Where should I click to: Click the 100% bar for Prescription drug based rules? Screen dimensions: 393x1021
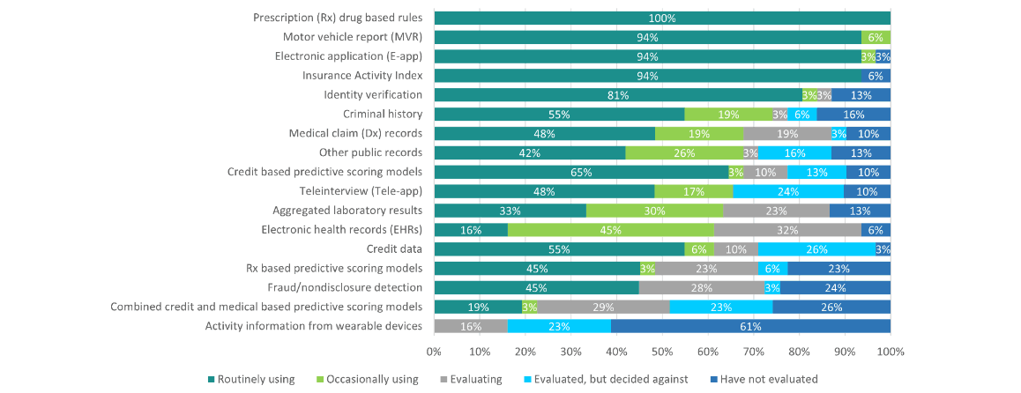click(x=661, y=19)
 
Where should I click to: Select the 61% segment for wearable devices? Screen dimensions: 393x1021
click(x=750, y=326)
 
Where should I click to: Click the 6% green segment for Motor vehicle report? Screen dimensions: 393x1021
click(x=876, y=37)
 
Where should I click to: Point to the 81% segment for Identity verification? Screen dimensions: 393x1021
click(x=617, y=95)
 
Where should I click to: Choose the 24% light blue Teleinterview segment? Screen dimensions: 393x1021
click(x=788, y=191)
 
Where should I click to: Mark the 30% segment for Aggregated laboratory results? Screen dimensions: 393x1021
click(x=654, y=211)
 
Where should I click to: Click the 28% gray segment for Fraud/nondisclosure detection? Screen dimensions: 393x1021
click(x=703, y=287)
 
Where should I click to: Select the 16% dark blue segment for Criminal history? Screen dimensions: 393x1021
click(x=853, y=115)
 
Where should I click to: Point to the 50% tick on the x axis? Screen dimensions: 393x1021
click(x=662, y=352)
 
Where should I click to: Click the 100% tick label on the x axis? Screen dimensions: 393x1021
click(x=891, y=352)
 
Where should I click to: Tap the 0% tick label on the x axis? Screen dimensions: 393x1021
click(x=434, y=352)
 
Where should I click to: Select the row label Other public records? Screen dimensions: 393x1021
click(x=369, y=152)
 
